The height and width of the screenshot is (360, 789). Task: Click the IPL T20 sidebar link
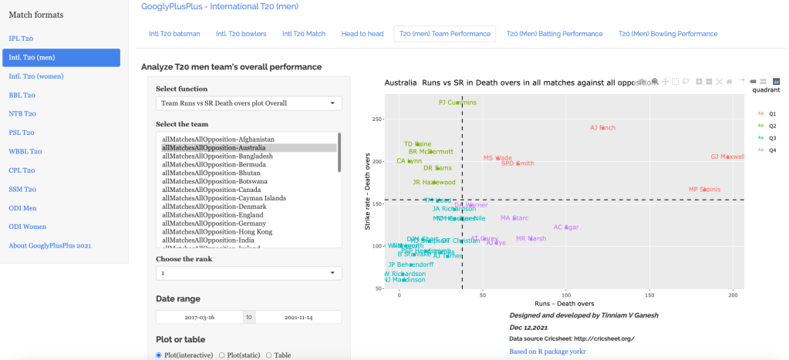21,39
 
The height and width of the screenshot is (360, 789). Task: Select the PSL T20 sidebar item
22,133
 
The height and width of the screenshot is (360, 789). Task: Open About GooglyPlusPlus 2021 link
50,245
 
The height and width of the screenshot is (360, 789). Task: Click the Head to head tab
362,34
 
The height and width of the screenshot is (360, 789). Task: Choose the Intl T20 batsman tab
174,34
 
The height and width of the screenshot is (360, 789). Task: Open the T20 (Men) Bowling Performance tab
667,34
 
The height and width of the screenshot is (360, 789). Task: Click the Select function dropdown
249,103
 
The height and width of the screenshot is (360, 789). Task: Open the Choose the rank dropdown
249,273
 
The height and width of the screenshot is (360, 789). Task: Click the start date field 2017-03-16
199,317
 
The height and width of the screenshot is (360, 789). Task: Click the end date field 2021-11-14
298,317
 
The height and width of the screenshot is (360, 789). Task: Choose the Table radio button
268,355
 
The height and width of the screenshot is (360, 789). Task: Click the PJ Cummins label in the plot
457,102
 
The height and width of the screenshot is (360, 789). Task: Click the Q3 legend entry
772,137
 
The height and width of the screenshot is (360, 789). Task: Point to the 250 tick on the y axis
376,119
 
